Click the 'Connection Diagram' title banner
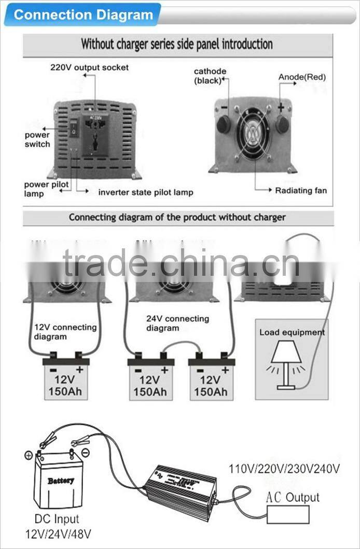pyautogui.click(x=83, y=14)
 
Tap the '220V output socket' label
pyautogui.click(x=89, y=67)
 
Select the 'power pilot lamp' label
pyautogui.click(x=46, y=189)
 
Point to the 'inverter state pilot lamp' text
pyautogui.click(x=146, y=192)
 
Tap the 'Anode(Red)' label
pyautogui.click(x=302, y=77)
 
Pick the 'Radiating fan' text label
pyautogui.click(x=301, y=190)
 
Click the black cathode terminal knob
pyautogui.click(x=224, y=124)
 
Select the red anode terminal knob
pyautogui.click(x=282, y=124)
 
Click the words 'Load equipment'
pyautogui.click(x=292, y=332)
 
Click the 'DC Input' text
pyautogui.click(x=57, y=519)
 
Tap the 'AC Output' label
pyautogui.click(x=293, y=498)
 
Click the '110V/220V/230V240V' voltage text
pyautogui.click(x=284, y=469)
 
